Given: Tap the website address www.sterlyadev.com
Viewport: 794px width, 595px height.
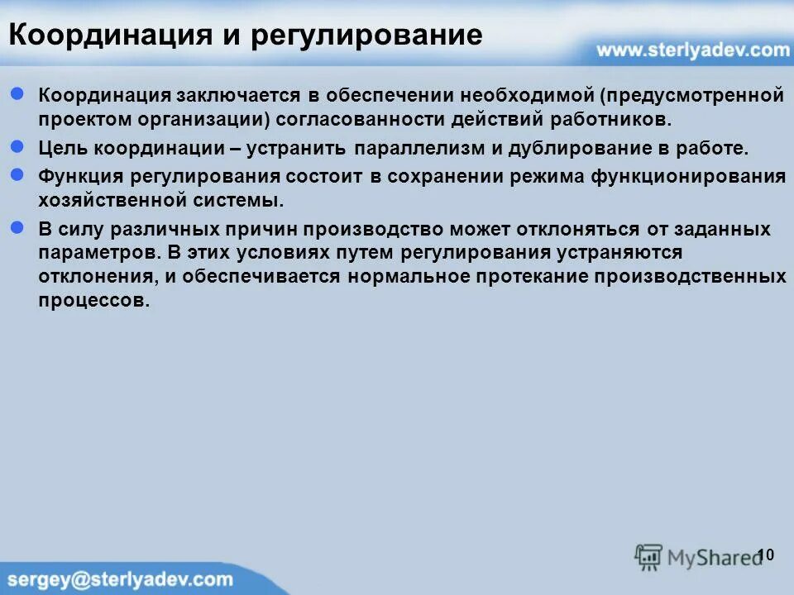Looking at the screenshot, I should coord(693,50).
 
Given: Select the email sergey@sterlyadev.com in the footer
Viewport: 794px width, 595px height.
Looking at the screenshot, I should coord(120,579).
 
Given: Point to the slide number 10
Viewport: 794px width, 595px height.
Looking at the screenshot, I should coord(765,555).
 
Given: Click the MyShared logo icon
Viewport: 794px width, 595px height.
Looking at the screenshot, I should coord(648,556).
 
